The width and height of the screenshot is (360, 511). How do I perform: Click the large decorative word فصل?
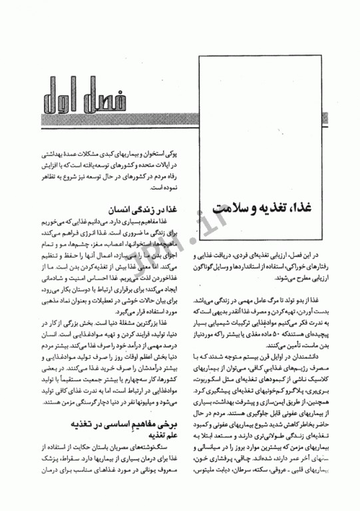click(133, 98)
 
